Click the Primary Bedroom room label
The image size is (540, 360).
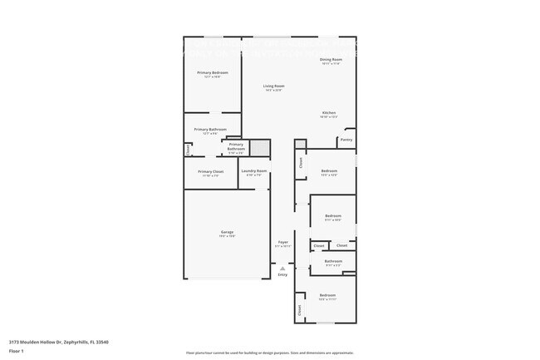coord(213,73)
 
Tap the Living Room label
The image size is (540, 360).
coord(274,86)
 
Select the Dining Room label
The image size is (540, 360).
coord(331,60)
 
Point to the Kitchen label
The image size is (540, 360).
coord(329,113)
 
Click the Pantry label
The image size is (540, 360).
coord(346,140)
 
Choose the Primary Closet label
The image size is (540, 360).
coord(211,171)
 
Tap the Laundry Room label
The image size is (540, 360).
coord(254,171)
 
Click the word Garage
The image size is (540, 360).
coord(227,232)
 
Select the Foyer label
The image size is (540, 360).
coord(282,243)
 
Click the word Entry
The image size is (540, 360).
coord(282,274)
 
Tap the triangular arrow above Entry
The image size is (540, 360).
coord(282,268)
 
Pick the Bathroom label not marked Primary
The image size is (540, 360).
coord(333,261)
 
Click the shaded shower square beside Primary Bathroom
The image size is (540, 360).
coord(260,148)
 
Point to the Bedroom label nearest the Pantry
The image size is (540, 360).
coord(330,171)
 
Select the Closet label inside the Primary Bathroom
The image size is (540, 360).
coord(188,150)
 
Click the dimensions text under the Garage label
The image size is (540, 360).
coord(227,236)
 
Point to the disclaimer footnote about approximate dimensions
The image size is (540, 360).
coord(269,353)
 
